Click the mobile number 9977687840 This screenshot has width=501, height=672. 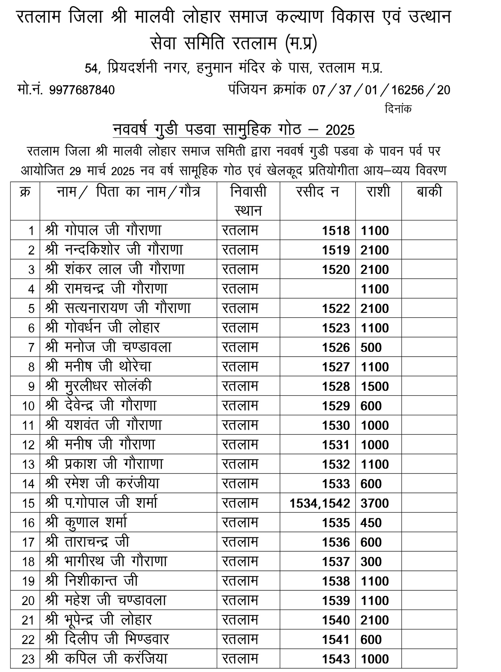82,90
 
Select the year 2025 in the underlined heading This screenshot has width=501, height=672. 340,130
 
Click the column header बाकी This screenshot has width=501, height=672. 429,192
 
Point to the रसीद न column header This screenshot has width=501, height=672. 317,192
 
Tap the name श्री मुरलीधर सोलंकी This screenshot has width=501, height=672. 98,386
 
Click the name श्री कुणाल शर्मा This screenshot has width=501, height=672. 86,523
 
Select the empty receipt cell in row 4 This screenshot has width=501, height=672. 317,289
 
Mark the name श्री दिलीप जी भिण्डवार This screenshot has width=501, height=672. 107,639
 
